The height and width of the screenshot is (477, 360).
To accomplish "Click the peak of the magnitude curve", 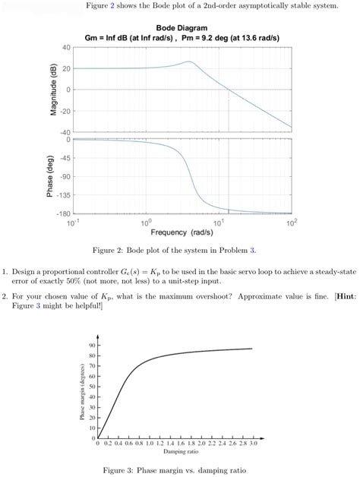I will (x=188, y=62).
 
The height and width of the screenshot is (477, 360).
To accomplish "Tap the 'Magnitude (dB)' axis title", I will (x=55, y=90).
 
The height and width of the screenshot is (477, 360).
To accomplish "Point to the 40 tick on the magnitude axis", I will (x=67, y=48).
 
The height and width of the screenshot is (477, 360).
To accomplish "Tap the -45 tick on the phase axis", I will (x=65, y=158).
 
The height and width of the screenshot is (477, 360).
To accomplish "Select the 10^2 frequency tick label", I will (x=291, y=223).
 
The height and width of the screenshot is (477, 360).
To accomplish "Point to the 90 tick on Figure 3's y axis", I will (x=90, y=346).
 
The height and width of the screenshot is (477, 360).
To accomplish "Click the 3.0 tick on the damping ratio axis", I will (x=251, y=444).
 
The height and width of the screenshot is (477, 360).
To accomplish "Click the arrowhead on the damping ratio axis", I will (x=265, y=438).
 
